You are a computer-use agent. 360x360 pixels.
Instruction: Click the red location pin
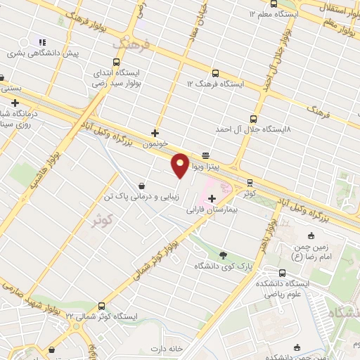pyautogui.click(x=180, y=165)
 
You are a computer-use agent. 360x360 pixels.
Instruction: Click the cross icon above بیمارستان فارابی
pyautogui.click(x=212, y=199)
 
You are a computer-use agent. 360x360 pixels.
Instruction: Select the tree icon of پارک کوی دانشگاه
pyautogui.click(x=224, y=255)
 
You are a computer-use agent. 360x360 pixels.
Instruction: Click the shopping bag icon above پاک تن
pyautogui.click(x=143, y=186)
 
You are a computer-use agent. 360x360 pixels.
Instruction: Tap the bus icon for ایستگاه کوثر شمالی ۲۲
pyautogui.click(x=103, y=306)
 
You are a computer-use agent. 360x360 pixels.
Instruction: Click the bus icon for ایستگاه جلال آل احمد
pyautogui.click(x=252, y=119)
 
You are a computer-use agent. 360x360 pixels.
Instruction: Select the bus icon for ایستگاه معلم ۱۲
pyautogui.click(x=252, y=13)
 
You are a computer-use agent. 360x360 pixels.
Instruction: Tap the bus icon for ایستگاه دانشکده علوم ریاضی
pyautogui.click(x=282, y=274)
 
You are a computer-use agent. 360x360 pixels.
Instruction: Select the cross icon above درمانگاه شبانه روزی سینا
pyautogui.click(x=15, y=103)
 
